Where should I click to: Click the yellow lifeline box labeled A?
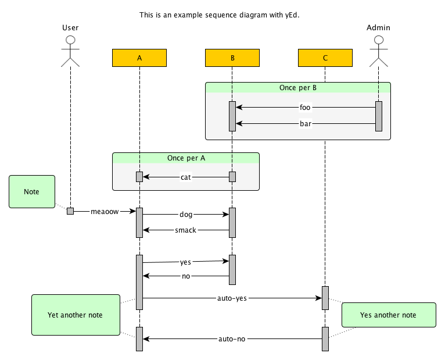pyautogui.click(x=139, y=58)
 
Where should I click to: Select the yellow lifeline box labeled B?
pyautogui.click(x=232, y=58)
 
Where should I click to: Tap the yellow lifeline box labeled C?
pyautogui.click(x=325, y=58)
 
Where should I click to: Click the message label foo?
pyautogui.click(x=305, y=107)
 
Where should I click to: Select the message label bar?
pyautogui.click(x=305, y=124)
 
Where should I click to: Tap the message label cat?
pyautogui.click(x=186, y=177)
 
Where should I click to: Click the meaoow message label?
pyautogui.click(x=105, y=212)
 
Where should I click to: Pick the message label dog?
pyautogui.click(x=186, y=215)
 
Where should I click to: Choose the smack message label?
pyautogui.click(x=186, y=230)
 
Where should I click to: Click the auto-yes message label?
pyautogui.click(x=232, y=298)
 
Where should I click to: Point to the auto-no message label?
pyautogui.click(x=232, y=338)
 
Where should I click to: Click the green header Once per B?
pyautogui.click(x=297, y=87)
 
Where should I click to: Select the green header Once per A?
pyautogui.click(x=185, y=158)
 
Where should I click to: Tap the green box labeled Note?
pyautogui.click(x=32, y=191)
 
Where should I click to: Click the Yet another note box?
pyautogui.click(x=75, y=315)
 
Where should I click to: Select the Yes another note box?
pyautogui.click(x=388, y=315)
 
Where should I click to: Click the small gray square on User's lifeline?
pyautogui.click(x=70, y=211)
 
